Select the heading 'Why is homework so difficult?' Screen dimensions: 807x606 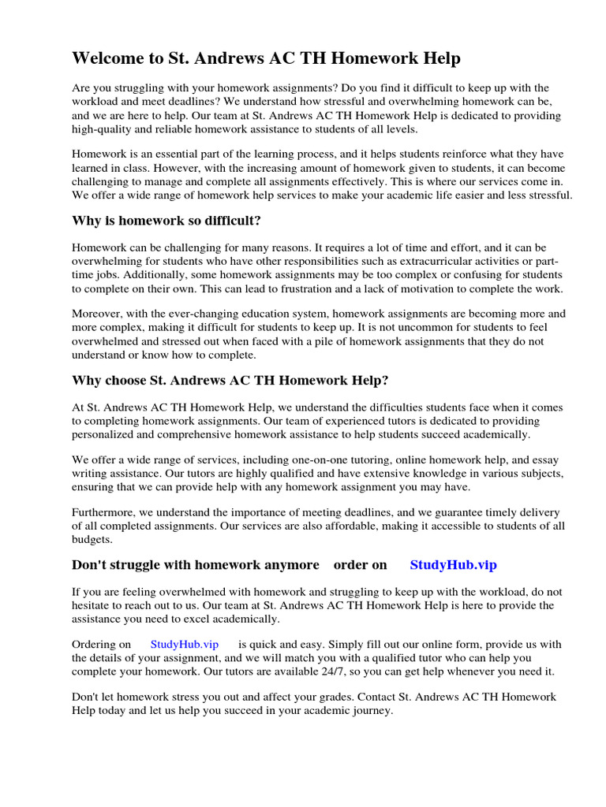point(166,220)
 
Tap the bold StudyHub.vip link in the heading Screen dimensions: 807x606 point(453,564)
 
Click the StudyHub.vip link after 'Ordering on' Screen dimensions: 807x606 point(184,644)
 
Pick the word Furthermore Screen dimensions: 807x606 point(106,512)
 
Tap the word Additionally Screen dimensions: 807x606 point(154,274)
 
